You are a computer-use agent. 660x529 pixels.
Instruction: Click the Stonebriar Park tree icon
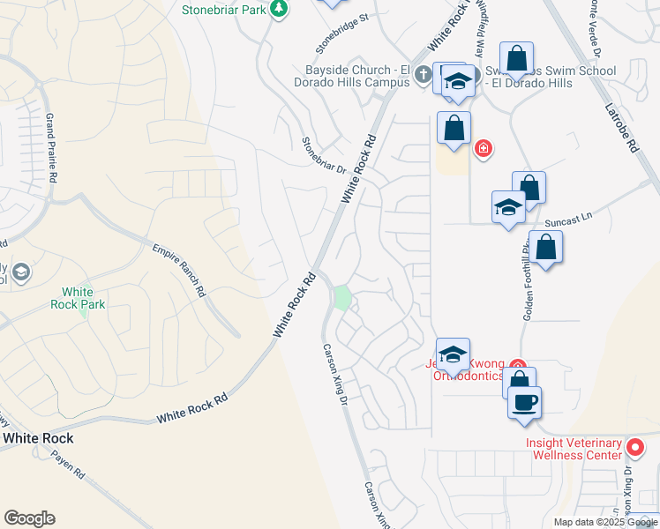point(280,9)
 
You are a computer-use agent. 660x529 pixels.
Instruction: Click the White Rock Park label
point(83,298)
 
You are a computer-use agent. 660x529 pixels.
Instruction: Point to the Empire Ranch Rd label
point(178,271)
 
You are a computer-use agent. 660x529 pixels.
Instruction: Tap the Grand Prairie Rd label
point(52,147)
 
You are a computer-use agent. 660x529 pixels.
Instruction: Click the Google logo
point(29,518)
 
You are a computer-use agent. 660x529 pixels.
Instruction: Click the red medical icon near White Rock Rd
point(483,147)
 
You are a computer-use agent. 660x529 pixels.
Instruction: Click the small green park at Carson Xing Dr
point(341,299)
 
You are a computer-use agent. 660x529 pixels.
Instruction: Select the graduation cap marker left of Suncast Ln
point(508,207)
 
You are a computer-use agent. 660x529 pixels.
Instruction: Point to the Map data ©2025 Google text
point(604,522)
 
